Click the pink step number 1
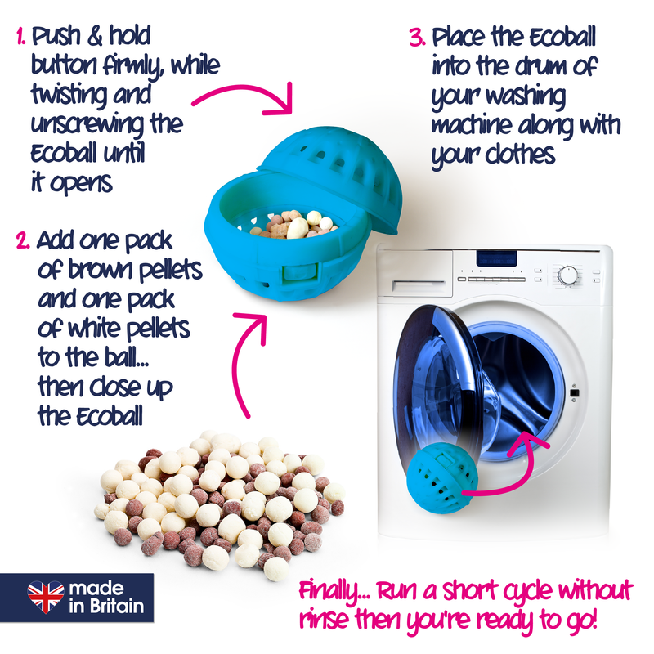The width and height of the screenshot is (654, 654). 20,36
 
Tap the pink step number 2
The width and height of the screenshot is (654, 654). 23,241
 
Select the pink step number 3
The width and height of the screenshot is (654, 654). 418,37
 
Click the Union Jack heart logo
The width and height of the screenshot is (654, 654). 46,597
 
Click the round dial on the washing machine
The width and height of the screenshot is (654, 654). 567,275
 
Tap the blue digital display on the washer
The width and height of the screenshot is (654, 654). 496,258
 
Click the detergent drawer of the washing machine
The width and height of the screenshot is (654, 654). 418,285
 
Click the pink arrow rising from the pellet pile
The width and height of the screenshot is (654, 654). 240,355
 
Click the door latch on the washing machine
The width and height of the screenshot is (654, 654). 574,393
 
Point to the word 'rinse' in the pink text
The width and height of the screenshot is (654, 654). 324,620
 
